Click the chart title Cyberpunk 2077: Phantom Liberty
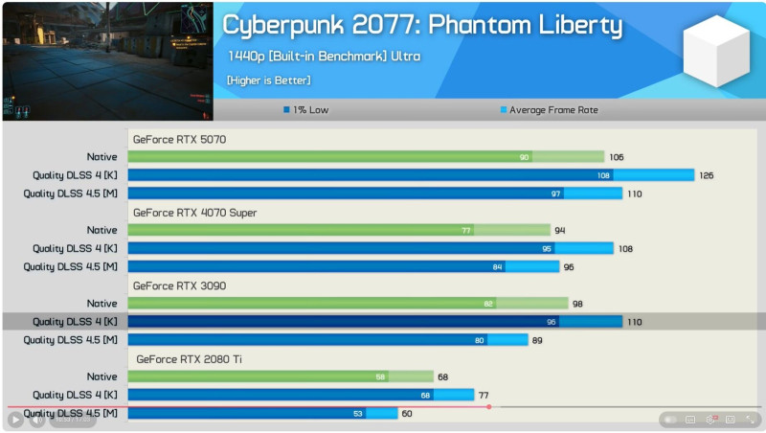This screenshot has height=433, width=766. pyautogui.click(x=422, y=25)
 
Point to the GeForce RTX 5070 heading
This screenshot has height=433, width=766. pyautogui.click(x=179, y=139)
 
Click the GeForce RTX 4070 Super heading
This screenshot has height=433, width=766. pyautogui.click(x=194, y=212)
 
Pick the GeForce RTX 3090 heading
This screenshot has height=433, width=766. pyautogui.click(x=179, y=285)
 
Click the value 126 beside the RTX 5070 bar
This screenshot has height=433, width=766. pyautogui.click(x=707, y=175)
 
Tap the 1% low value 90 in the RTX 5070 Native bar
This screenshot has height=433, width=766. pyautogui.click(x=524, y=157)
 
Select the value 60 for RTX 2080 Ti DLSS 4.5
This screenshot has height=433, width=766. pyautogui.click(x=407, y=413)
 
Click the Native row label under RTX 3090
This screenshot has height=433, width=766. pyautogui.click(x=101, y=304)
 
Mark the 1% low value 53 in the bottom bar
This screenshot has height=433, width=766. pyautogui.click(x=358, y=414)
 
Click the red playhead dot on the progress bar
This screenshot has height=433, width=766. pyautogui.click(x=489, y=407)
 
